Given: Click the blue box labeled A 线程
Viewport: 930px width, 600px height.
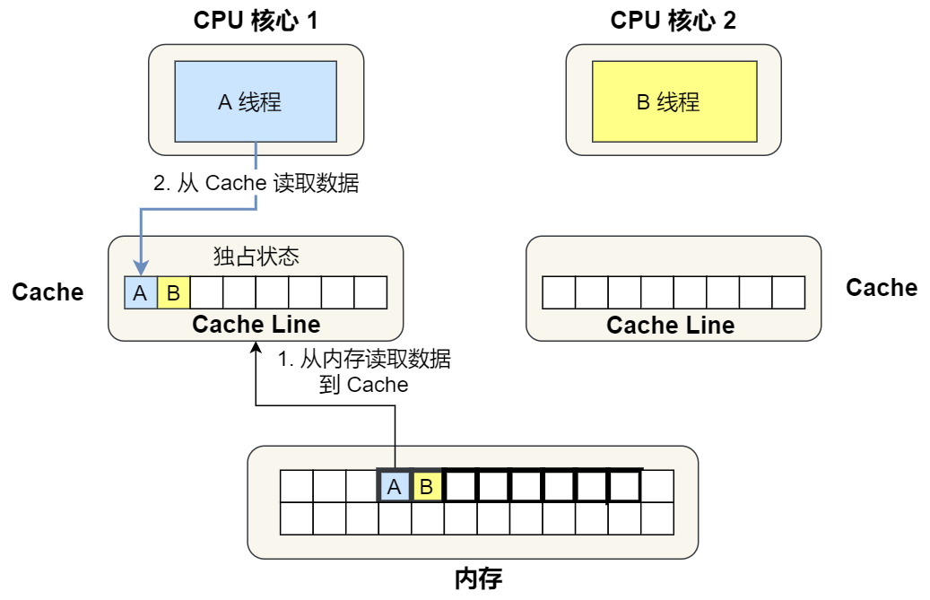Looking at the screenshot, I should pos(256,101).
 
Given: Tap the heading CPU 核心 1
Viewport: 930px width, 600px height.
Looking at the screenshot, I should pos(256,21).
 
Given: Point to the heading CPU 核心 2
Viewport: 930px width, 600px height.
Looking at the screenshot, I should pos(674,21).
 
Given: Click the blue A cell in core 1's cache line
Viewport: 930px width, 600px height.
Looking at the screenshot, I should pos(140,292).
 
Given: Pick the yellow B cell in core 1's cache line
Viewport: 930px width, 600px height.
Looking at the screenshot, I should pos(173,292).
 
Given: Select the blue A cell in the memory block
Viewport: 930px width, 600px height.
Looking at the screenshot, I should pos(394,487).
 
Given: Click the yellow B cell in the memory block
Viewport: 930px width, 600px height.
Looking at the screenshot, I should pos(427,487).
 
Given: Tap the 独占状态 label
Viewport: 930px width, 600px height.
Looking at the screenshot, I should pos(256,257).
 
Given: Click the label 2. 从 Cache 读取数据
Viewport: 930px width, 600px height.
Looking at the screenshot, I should pos(256,183).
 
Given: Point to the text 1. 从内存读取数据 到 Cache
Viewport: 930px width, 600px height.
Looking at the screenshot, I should pos(363,372).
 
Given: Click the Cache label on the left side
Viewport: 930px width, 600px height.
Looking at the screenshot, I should pos(48,291).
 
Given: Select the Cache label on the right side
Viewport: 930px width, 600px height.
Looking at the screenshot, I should pos(882,288).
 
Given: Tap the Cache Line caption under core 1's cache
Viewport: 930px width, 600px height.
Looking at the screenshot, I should pos(256,324).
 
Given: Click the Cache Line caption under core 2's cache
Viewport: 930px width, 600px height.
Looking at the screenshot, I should pos(670,325).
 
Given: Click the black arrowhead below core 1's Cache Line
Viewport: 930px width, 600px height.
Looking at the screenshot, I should pos(256,348).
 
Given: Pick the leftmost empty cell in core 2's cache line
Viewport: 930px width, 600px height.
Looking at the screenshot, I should pos(558,292).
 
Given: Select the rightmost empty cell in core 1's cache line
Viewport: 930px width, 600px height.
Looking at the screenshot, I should pos(370,292).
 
